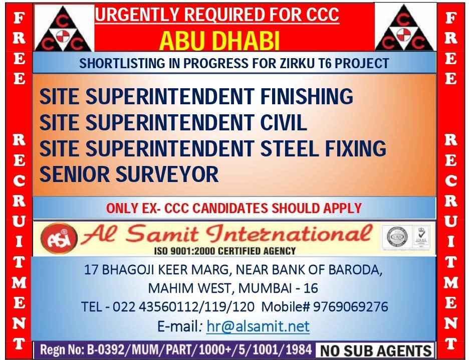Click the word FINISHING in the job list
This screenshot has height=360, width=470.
pyautogui.click(x=307, y=96)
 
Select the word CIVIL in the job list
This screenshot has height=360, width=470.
pyautogui.click(x=284, y=122)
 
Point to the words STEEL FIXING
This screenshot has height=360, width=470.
pyautogui.click(x=323, y=148)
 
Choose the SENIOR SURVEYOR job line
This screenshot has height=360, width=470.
pyautogui.click(x=129, y=174)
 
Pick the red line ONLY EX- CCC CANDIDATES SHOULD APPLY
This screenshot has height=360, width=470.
pyautogui.click(x=234, y=208)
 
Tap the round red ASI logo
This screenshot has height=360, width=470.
pyautogui.click(x=59, y=239)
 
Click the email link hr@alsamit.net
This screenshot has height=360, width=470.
pyautogui.click(x=258, y=326)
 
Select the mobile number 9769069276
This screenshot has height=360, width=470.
pyautogui.click(x=350, y=306)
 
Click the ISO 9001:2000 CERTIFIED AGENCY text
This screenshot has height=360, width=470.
pyautogui.click(x=225, y=251)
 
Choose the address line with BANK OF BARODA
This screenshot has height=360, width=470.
pyautogui.click(x=233, y=270)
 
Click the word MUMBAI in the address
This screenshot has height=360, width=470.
pyautogui.click(x=265, y=288)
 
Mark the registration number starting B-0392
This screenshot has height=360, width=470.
pyautogui.click(x=199, y=349)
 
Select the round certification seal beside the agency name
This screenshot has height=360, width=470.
pyautogui.click(x=397, y=237)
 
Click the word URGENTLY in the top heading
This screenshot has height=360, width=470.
pyautogui.click(x=137, y=15)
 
